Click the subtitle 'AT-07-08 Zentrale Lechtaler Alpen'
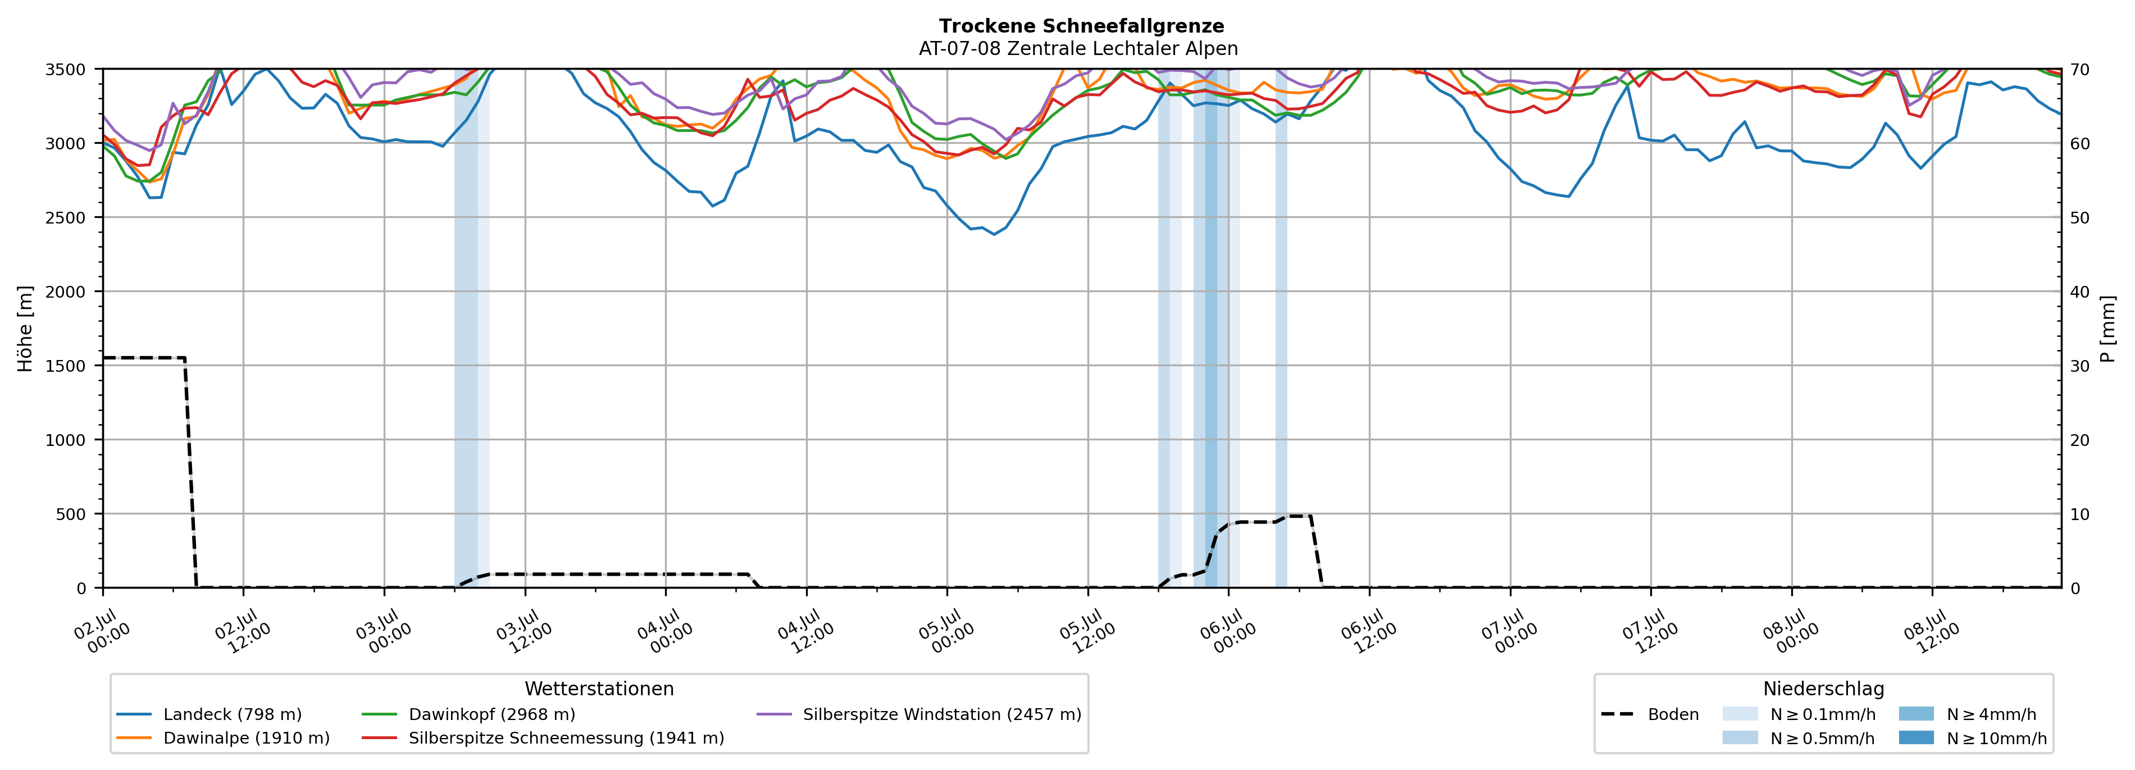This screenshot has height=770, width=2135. (1078, 49)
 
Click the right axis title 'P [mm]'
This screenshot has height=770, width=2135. (2107, 329)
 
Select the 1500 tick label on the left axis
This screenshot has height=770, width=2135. (66, 366)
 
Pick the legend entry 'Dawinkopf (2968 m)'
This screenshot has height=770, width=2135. (468, 714)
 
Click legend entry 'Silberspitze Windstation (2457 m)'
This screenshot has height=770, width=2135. (919, 714)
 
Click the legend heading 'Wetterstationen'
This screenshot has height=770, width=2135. (599, 689)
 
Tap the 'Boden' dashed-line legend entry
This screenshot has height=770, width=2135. (1649, 714)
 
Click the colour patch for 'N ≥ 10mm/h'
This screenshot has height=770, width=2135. (1916, 737)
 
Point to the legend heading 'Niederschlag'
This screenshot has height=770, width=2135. (1823, 689)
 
